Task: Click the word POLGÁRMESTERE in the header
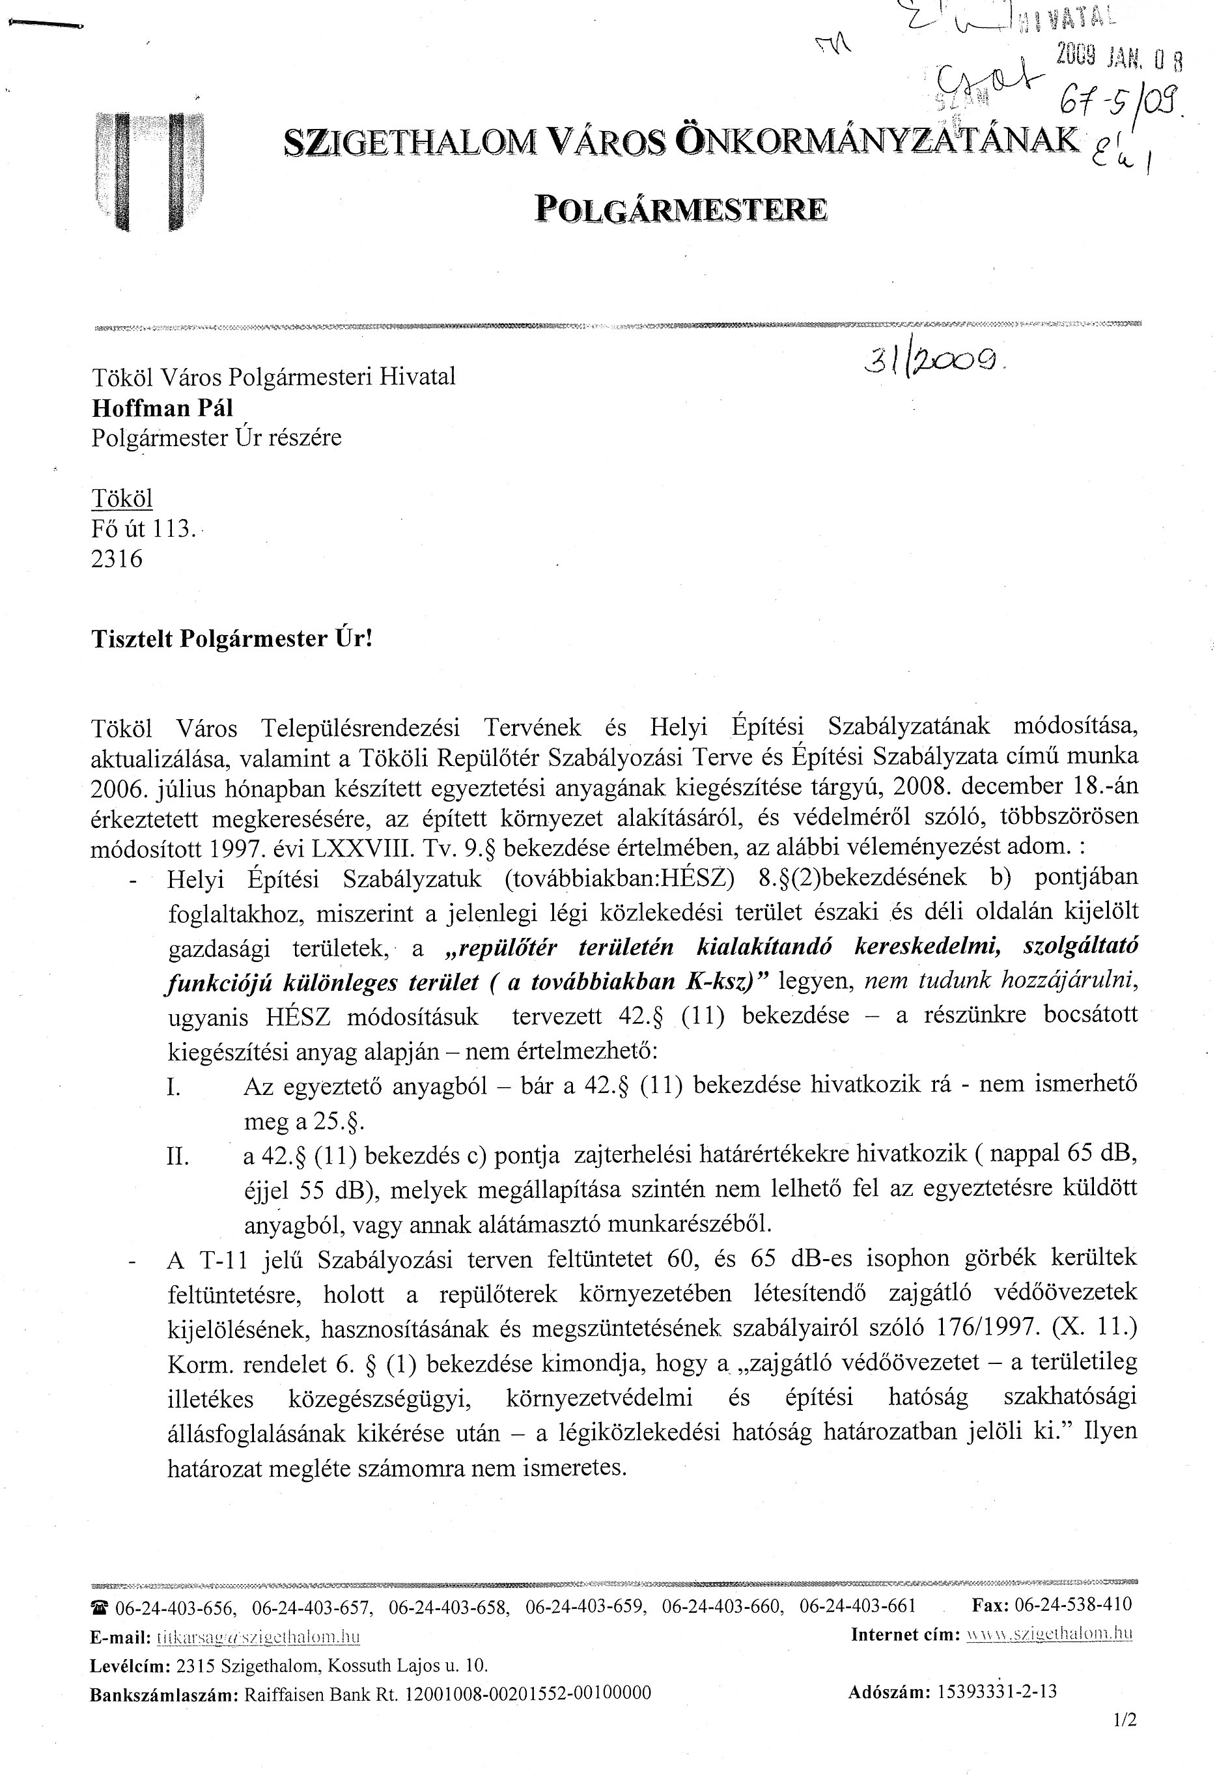point(680,208)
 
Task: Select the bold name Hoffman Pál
point(163,408)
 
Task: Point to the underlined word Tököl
point(122,499)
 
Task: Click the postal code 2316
point(117,559)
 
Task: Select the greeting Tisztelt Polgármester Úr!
point(232,638)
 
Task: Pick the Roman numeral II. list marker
point(178,1156)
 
